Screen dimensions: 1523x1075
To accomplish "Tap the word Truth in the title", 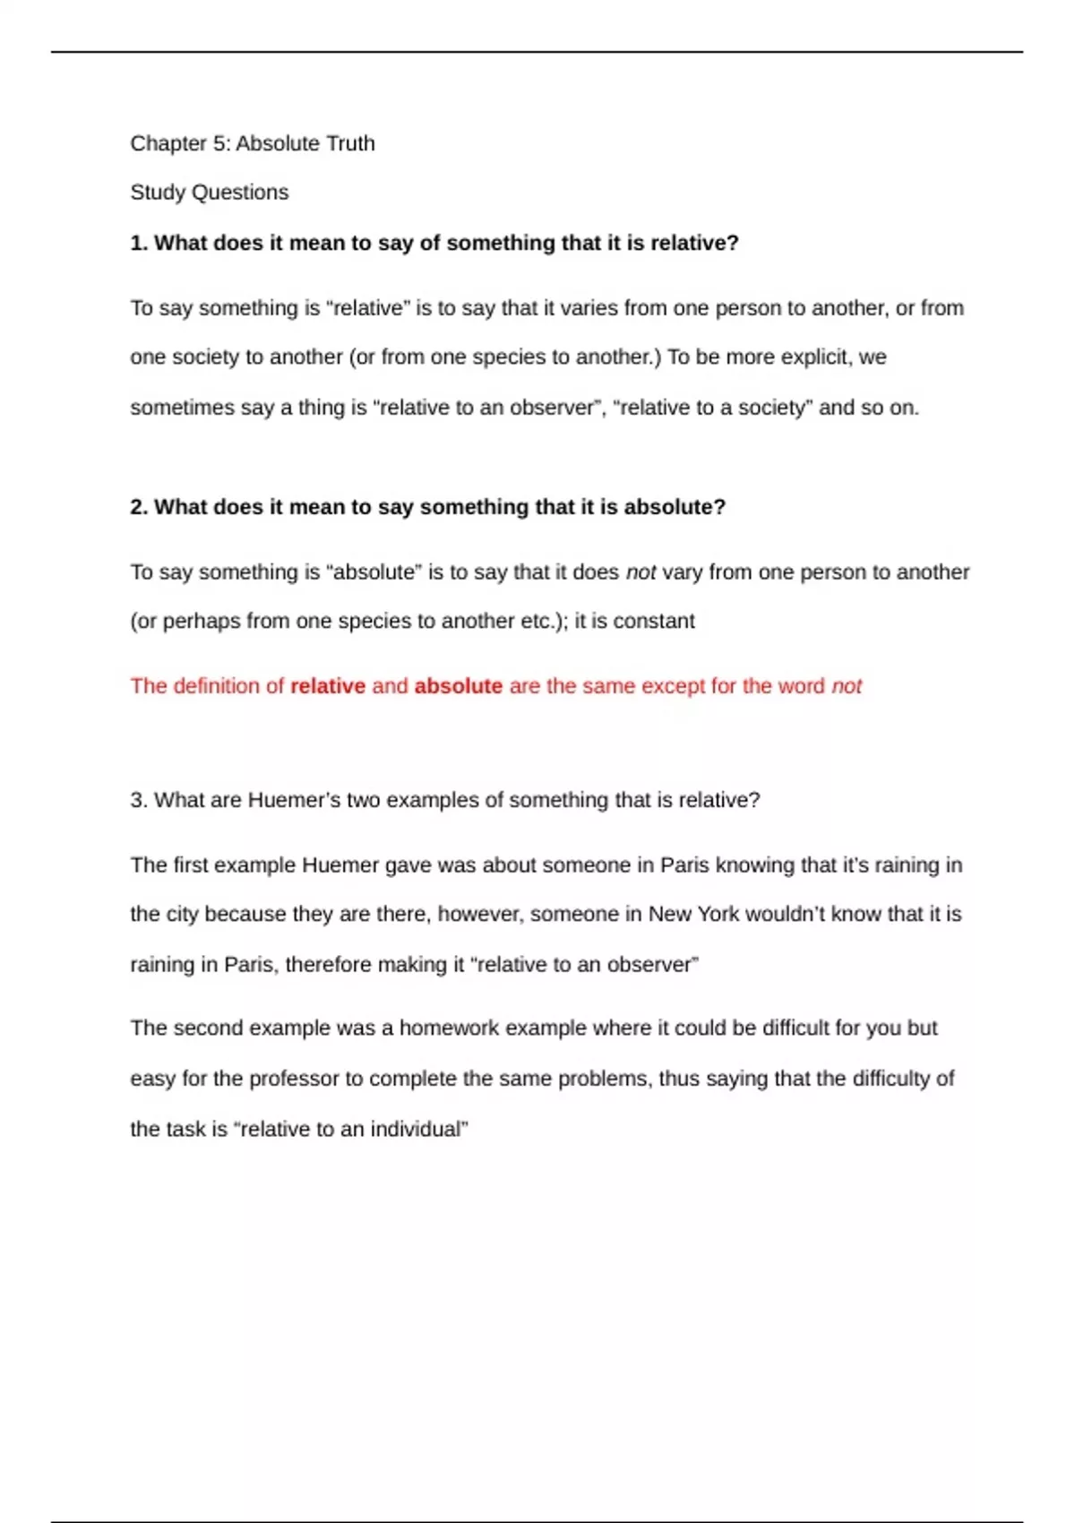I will (x=351, y=143).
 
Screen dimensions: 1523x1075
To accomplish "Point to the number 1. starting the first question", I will (x=139, y=243).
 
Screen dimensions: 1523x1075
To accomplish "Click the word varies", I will (x=589, y=308).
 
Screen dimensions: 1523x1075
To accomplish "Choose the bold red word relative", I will (x=328, y=686).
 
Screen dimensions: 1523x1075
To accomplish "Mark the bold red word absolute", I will (x=458, y=686).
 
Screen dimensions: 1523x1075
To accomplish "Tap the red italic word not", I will (x=847, y=686).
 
